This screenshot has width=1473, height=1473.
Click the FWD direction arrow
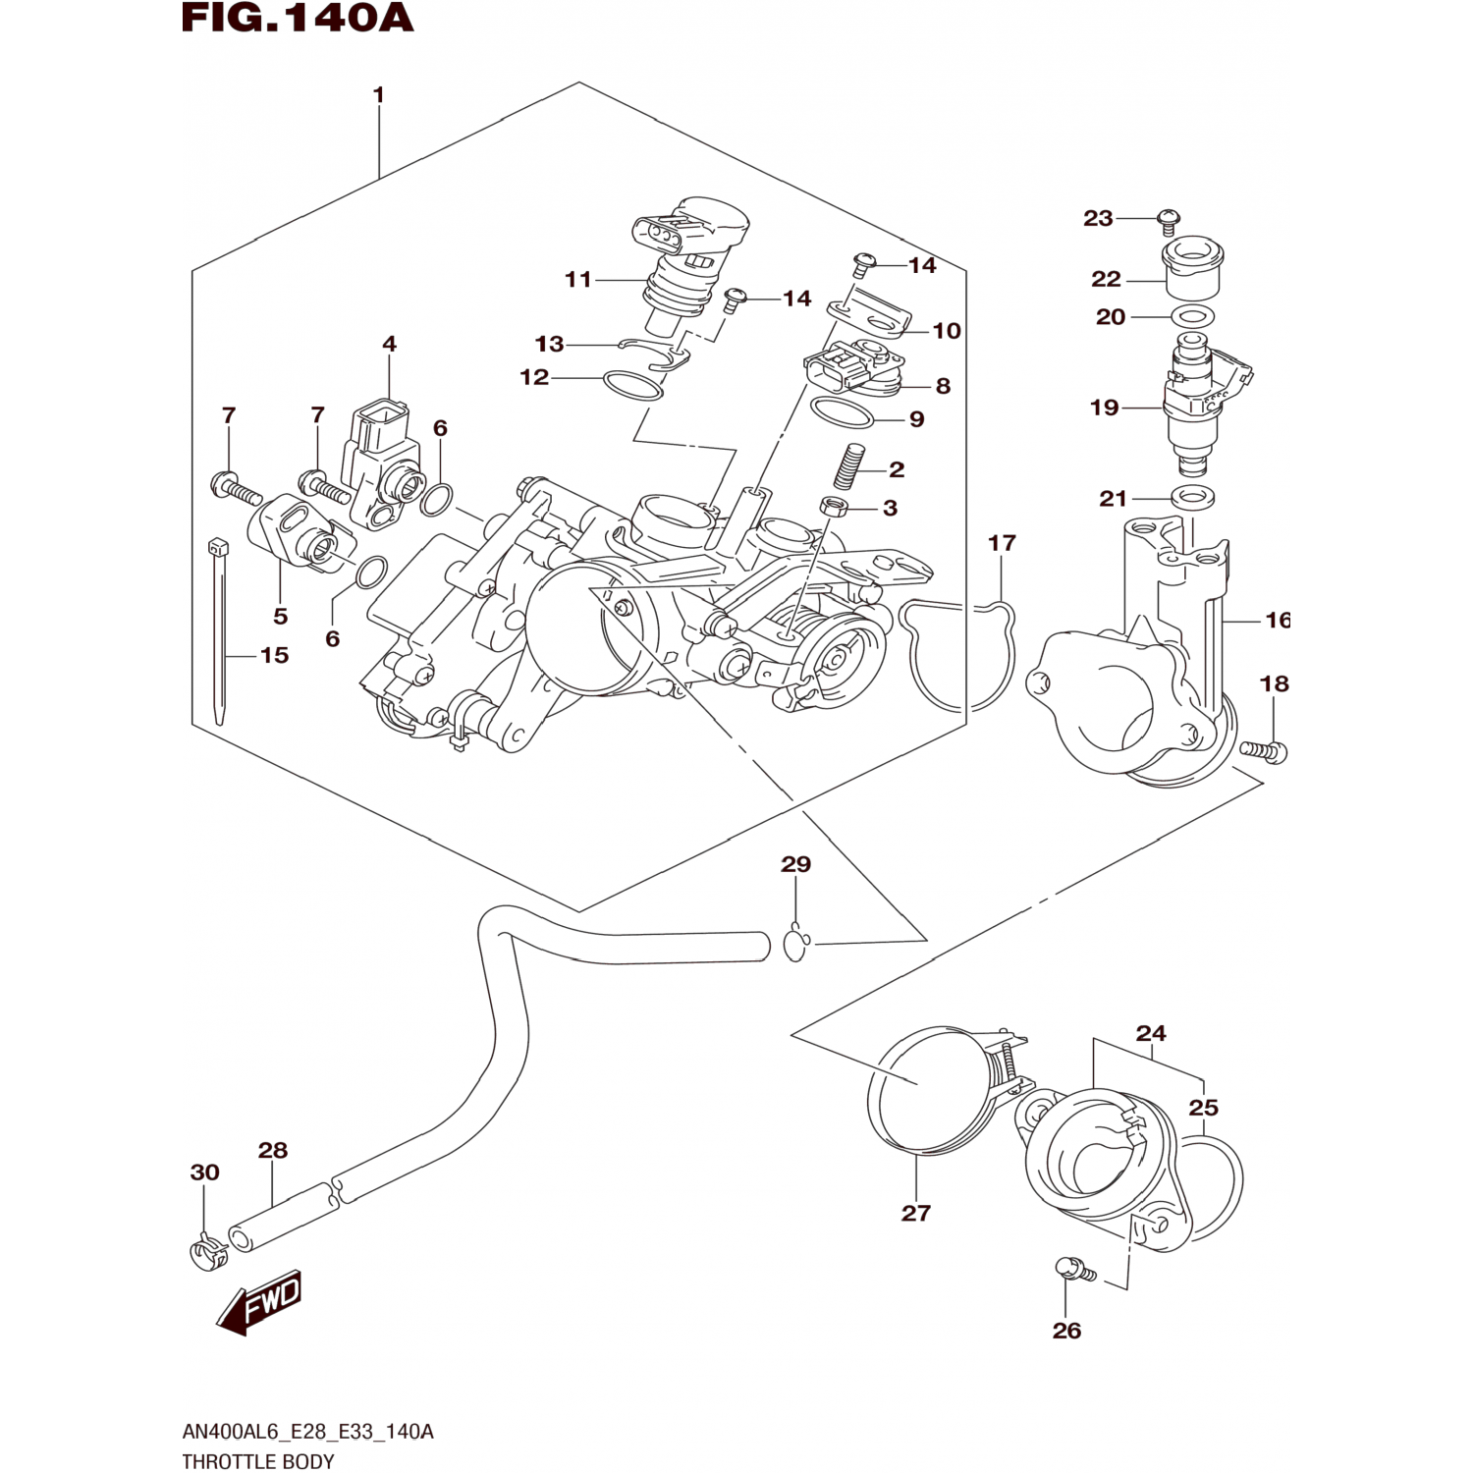click(259, 1303)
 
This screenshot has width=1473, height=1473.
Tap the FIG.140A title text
click(298, 19)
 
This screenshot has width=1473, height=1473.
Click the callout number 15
click(275, 655)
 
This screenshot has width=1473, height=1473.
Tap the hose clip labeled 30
click(206, 1252)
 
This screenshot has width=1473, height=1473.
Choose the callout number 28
click(273, 1150)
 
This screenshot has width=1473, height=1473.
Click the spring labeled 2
click(848, 465)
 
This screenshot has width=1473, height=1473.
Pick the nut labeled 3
click(833, 508)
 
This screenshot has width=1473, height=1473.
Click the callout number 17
click(1002, 542)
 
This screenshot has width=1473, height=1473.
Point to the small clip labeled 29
click(796, 943)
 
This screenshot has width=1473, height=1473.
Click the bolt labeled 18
click(1264, 751)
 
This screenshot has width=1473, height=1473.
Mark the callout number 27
click(915, 1213)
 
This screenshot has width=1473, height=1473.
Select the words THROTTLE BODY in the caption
click(258, 1461)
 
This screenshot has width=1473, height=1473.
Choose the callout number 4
click(390, 344)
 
